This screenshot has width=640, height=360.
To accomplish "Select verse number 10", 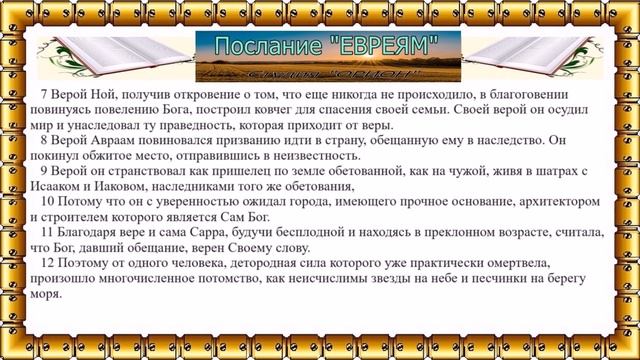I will (x=46, y=202).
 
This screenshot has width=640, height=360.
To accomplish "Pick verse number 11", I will (x=46, y=233).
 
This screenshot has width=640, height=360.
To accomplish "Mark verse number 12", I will (x=46, y=264).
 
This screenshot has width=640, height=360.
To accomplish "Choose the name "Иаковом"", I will (x=120, y=187).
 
